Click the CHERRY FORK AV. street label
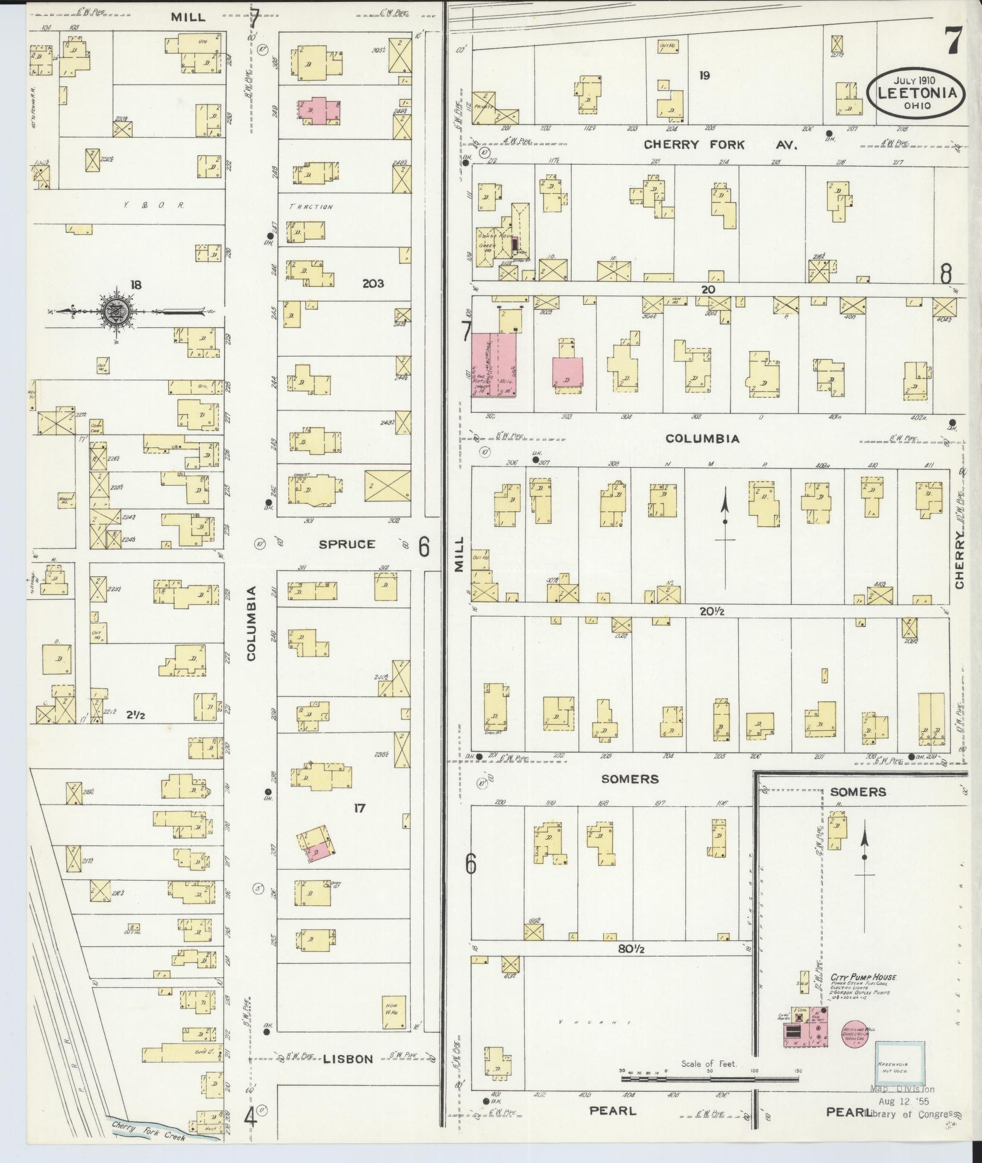(720, 145)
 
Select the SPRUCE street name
(347, 544)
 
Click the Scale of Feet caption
(709, 1064)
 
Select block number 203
(373, 283)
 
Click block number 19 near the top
(704, 75)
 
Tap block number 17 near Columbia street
(360, 808)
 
